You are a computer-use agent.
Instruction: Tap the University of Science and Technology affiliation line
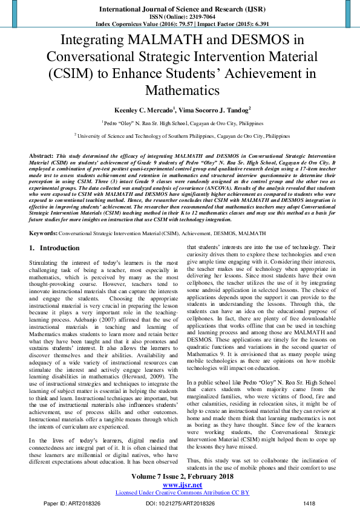180,136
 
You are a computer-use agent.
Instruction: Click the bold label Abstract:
41,156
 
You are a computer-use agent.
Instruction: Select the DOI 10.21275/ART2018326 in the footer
180,502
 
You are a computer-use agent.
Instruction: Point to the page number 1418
309,502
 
